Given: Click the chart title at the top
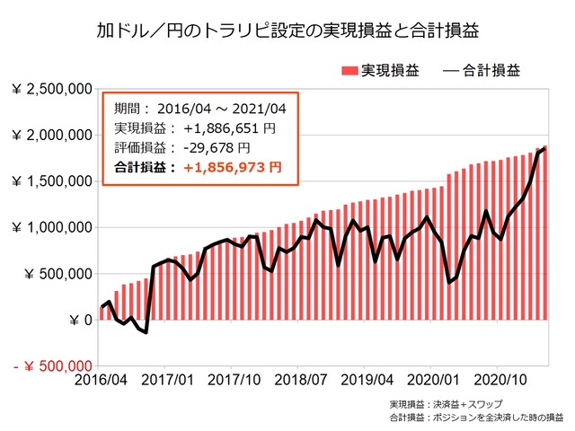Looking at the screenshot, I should pyautogui.click(x=287, y=31).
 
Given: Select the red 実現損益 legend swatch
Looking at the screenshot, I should pyautogui.click(x=350, y=70).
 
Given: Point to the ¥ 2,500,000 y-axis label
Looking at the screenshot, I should pyautogui.click(x=51, y=89).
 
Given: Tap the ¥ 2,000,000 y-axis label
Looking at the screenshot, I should pyautogui.click(x=51, y=135).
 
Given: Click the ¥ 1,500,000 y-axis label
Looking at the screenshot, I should pyautogui.click(x=51, y=181).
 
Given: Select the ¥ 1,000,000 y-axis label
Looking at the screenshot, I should pyautogui.click(x=51, y=227).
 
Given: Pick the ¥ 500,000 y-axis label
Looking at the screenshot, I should pyautogui.click(x=58, y=274).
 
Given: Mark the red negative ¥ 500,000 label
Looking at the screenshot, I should pyautogui.click(x=51, y=366).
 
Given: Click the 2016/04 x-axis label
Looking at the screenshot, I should pyautogui.click(x=100, y=381).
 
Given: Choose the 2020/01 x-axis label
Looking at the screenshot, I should pyautogui.click(x=432, y=381).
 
